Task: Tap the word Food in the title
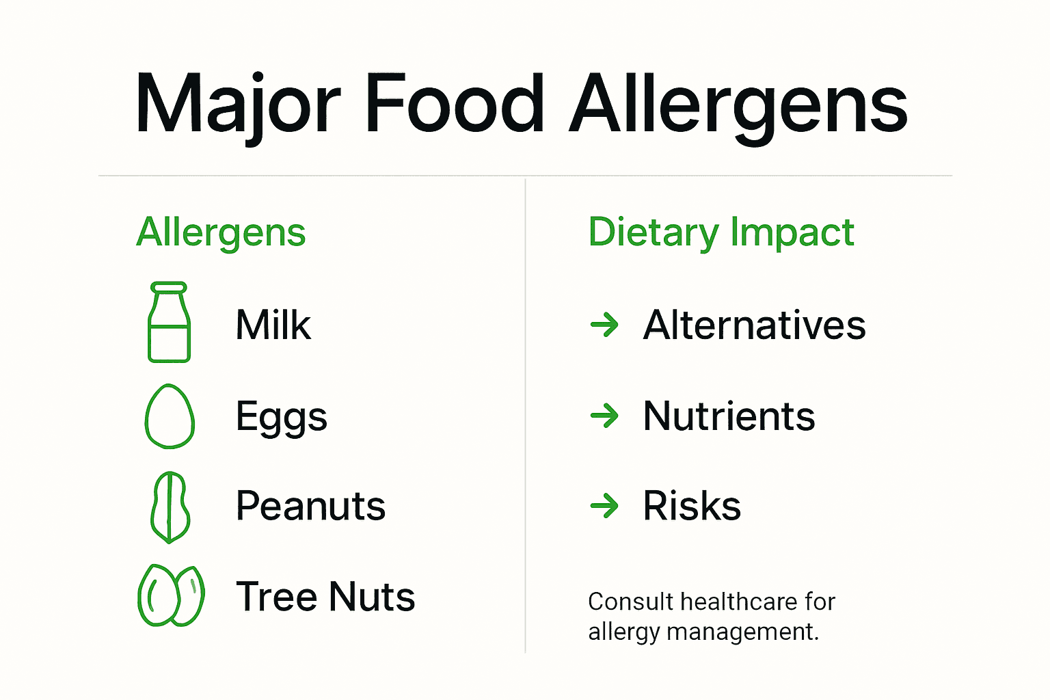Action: [455, 105]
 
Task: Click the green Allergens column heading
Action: [221, 233]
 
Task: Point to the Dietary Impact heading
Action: [721, 232]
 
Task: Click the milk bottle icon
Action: [169, 323]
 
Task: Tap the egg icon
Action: [170, 416]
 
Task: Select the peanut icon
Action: [170, 507]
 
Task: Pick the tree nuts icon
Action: [171, 595]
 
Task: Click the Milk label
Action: [273, 325]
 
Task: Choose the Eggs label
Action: [281, 417]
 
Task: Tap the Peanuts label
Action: [310, 507]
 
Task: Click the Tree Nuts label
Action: [325, 596]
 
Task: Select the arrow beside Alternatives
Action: [604, 325]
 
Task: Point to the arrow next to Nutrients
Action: [604, 416]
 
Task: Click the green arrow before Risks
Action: [604, 507]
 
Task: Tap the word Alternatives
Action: [754, 325]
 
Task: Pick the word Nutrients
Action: [729, 416]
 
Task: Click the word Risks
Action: [692, 507]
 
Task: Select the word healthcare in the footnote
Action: [739, 602]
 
